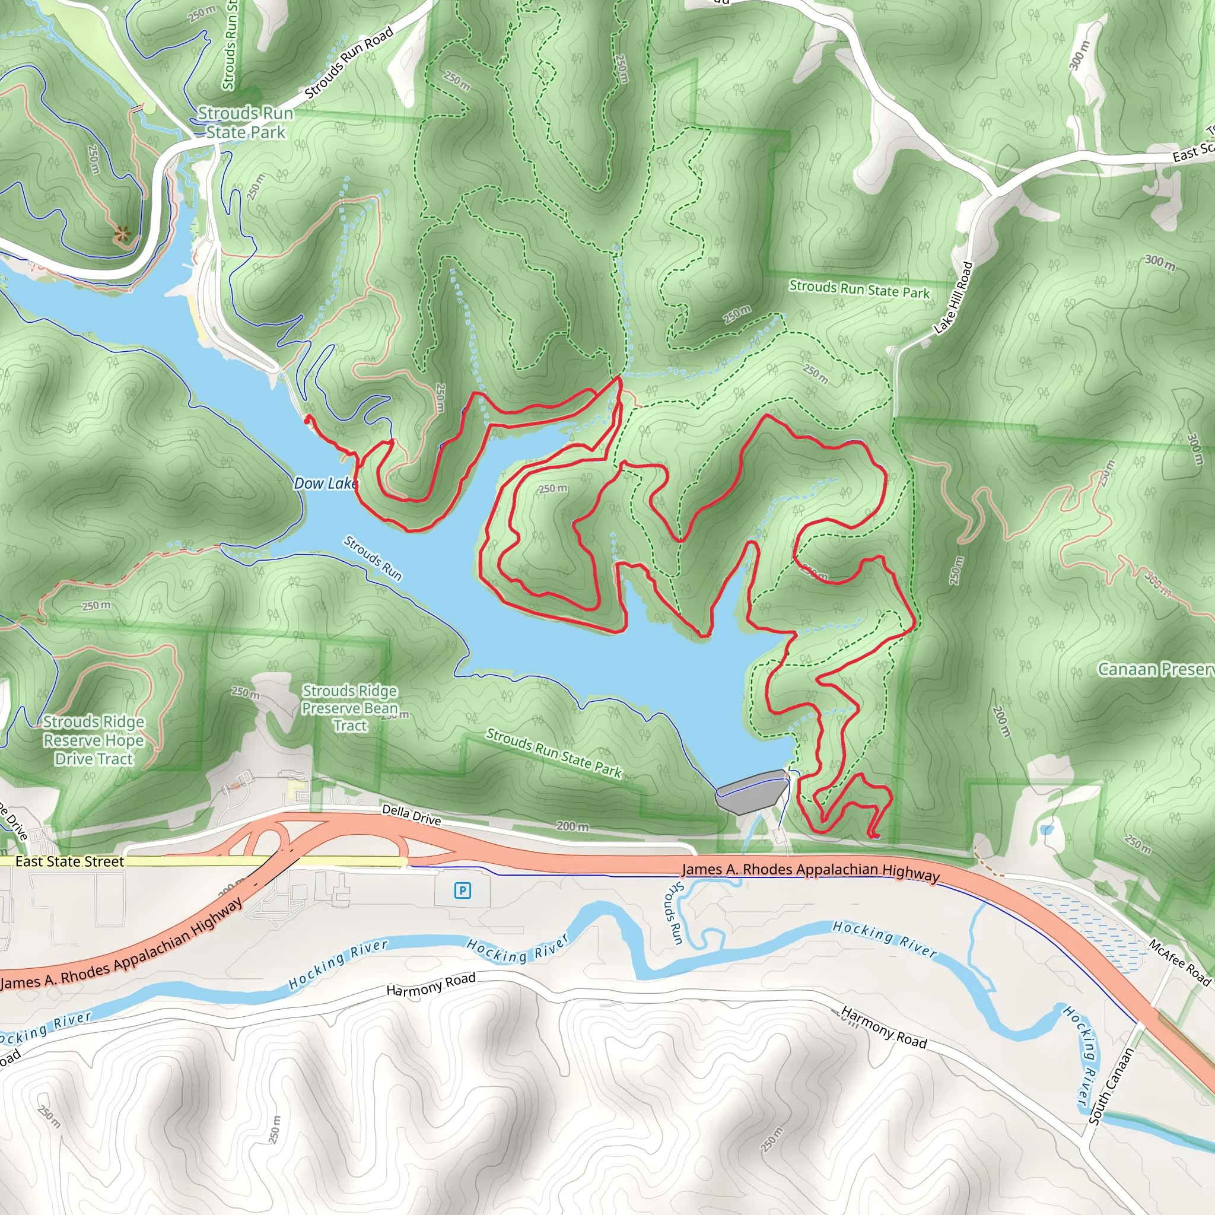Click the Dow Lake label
tap(325, 483)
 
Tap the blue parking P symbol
tap(462, 890)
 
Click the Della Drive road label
tap(411, 815)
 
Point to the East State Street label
tap(69, 861)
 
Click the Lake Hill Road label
tap(953, 297)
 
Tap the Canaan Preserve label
tap(1156, 669)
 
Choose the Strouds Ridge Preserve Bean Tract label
tap(349, 708)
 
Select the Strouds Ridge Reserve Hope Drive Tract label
tap(94, 740)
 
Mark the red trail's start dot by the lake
tap(306, 419)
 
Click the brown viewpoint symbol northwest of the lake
tap(123, 234)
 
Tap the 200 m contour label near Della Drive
tap(572, 826)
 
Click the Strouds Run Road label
tap(349, 62)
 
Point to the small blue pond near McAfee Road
tap(1047, 830)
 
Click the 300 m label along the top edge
tap(1079, 55)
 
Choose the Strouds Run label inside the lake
tap(373, 558)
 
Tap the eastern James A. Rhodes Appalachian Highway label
tap(810, 870)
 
